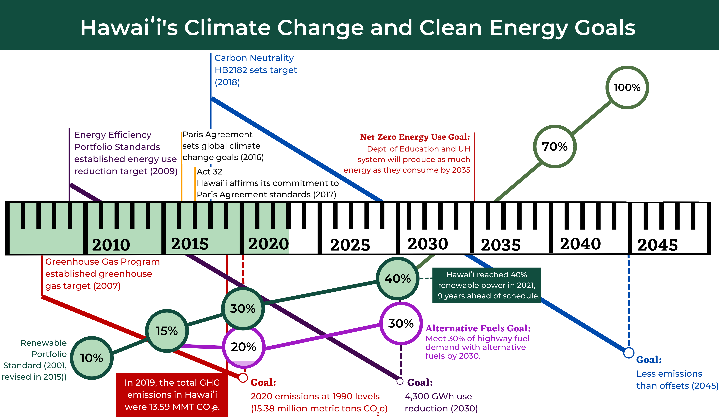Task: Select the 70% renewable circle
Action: (555, 147)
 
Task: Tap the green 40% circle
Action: (397, 278)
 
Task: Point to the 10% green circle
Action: (92, 358)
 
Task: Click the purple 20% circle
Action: (243, 347)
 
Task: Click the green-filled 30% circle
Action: (243, 309)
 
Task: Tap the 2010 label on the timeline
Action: (111, 245)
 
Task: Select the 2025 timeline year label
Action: (350, 245)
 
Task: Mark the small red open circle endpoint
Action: (243, 378)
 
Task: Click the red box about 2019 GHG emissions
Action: (172, 395)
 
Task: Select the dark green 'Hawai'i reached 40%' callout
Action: (486, 285)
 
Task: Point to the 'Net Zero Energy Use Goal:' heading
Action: (415, 137)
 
